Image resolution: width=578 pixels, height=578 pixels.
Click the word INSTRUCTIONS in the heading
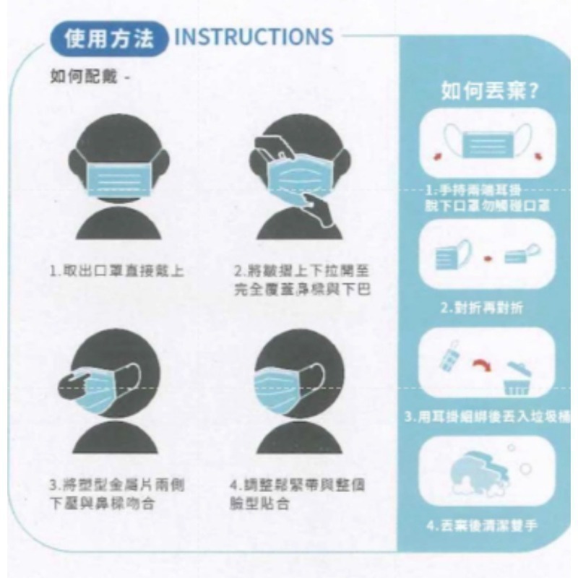(x=254, y=37)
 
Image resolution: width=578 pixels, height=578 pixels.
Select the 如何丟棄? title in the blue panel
(x=488, y=92)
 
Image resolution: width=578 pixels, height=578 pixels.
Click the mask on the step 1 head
(x=122, y=177)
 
